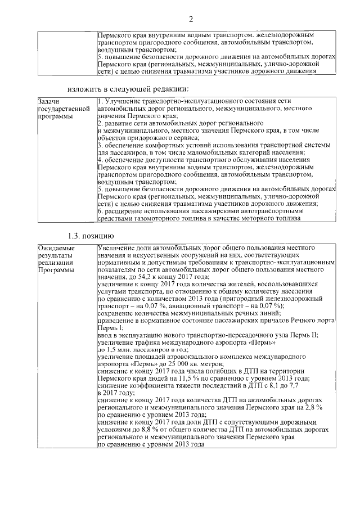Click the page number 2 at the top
[x=191, y=20]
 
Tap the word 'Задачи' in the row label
[x=48, y=102]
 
